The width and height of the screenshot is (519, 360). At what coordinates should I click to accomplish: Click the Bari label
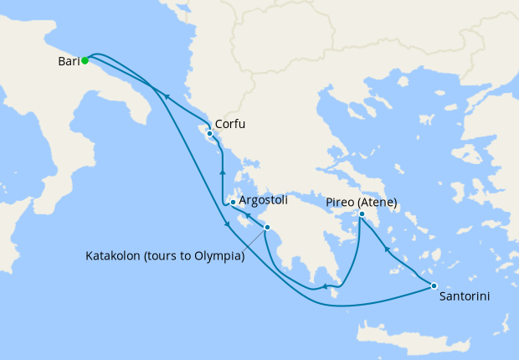coord(69,61)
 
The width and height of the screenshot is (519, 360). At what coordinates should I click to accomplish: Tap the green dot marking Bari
coord(85,60)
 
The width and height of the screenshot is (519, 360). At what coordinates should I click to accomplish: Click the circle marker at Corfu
coord(209,133)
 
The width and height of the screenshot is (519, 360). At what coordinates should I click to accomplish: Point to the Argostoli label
coord(263,201)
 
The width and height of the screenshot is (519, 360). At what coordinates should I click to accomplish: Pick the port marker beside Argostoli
coord(233,203)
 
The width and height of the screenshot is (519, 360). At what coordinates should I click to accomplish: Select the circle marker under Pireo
coord(362,214)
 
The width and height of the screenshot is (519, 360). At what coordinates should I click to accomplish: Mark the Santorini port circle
coord(434,286)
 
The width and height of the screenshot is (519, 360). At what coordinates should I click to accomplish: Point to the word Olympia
coord(220,256)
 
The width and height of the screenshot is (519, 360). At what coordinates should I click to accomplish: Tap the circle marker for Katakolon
coord(267,228)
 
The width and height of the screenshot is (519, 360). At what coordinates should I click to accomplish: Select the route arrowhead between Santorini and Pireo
coord(386,248)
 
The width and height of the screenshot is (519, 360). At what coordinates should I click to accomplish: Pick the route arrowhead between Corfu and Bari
coord(167,96)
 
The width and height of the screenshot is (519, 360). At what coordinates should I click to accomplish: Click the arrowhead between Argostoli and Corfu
coord(222,172)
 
